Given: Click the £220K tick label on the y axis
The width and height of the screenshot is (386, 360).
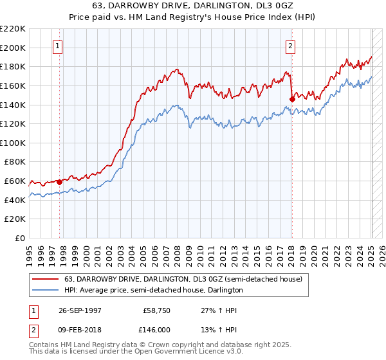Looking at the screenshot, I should pos(13,29).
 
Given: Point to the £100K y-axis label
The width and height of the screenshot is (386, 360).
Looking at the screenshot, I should pos(13,143).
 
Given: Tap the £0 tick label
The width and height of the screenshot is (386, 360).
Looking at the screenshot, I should pos(21,238).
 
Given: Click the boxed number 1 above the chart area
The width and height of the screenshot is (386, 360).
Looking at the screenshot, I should pos(59,46).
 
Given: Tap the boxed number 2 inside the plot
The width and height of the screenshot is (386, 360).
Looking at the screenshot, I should pos(291,46).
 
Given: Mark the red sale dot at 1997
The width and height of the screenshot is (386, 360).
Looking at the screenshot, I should pos(59,182).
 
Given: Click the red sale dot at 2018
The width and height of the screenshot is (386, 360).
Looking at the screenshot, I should pos(292,99).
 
